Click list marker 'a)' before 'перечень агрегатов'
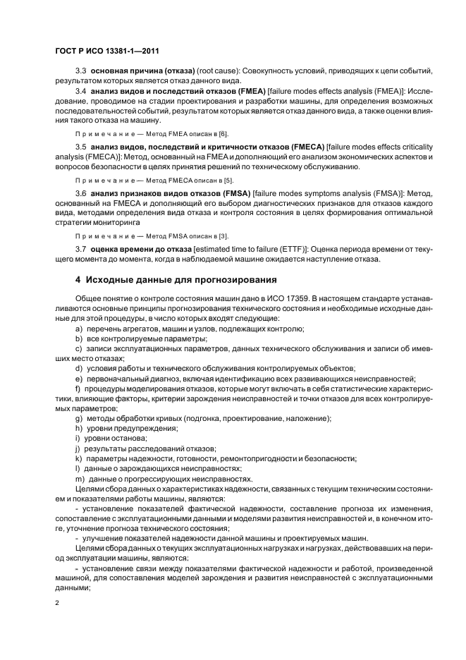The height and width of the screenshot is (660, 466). (x=79, y=329)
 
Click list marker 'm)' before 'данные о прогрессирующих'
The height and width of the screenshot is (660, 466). (x=80, y=479)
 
